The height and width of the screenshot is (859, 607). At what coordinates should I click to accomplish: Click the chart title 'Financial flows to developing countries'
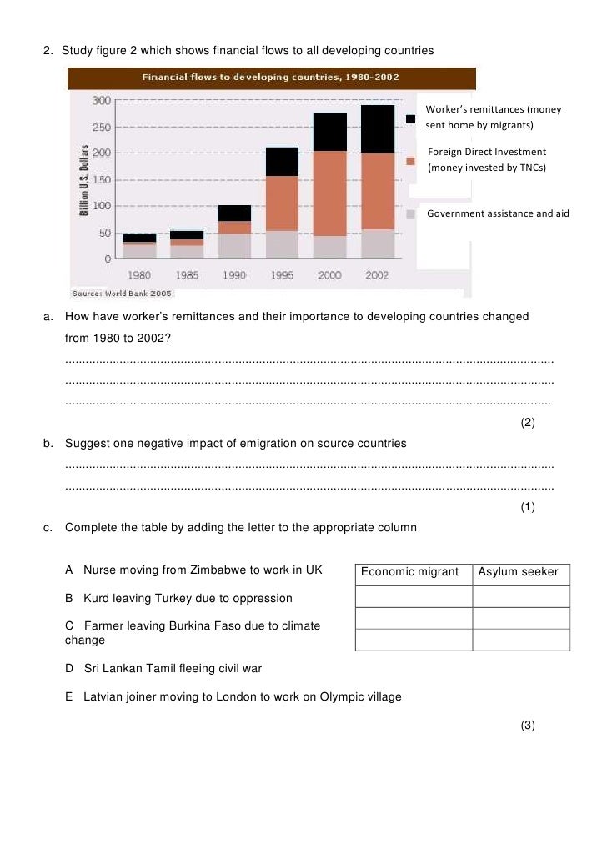[x=270, y=78]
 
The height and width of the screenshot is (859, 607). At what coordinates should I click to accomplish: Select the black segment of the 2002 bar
[x=377, y=129]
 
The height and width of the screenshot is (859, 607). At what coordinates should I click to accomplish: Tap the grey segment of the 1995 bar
[x=282, y=244]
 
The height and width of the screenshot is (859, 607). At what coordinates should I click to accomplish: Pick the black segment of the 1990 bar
[x=234, y=213]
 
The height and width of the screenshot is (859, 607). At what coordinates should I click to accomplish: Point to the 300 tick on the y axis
[x=101, y=101]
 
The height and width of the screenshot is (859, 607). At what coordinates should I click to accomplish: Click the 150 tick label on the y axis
[x=101, y=180]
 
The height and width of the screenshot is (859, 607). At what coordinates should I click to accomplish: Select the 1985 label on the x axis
[x=187, y=275]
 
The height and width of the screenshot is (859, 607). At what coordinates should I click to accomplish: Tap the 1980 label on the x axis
[x=139, y=275]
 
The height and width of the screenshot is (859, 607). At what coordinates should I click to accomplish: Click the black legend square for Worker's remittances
[x=410, y=119]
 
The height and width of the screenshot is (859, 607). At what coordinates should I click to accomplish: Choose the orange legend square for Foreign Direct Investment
[x=410, y=161]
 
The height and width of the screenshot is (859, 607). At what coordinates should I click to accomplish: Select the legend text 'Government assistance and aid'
[x=498, y=213]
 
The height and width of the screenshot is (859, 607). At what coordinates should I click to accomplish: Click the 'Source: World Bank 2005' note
[x=122, y=294]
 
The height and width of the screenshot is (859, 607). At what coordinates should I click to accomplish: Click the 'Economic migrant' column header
[x=409, y=572]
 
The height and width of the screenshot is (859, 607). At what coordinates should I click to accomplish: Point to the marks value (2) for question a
[x=528, y=423]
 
